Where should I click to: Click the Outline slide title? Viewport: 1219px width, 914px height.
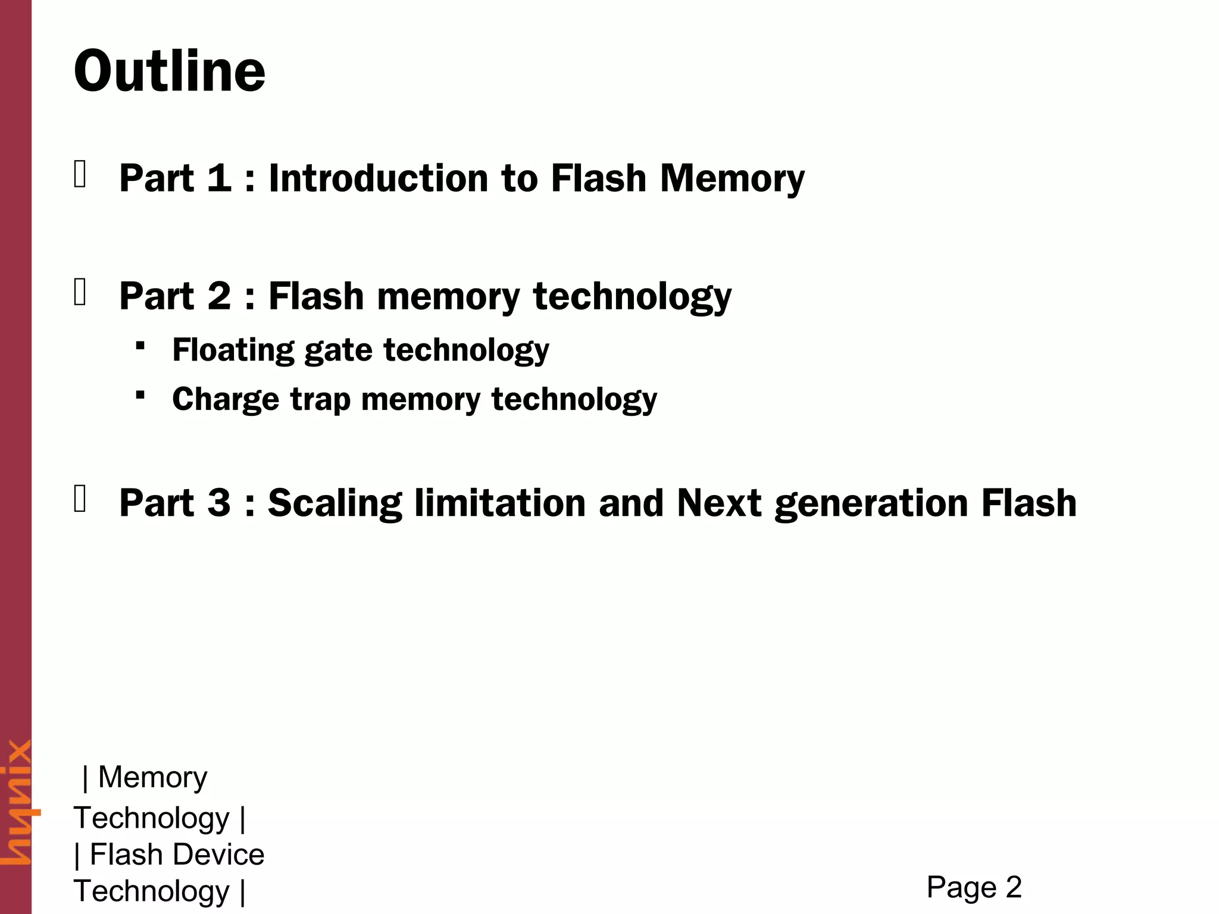tap(170, 71)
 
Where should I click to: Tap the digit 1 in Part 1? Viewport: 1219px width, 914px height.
tap(219, 178)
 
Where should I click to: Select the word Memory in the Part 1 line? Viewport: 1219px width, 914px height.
tap(732, 179)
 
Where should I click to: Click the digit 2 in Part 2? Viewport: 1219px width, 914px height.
tap(219, 296)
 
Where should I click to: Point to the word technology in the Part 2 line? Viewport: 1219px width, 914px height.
tap(632, 297)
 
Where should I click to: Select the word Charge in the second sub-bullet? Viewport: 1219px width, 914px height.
tap(225, 399)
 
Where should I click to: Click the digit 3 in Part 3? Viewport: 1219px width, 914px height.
tap(219, 503)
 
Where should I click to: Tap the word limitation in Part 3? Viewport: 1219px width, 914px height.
tap(500, 503)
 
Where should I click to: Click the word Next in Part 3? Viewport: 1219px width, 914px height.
tap(719, 503)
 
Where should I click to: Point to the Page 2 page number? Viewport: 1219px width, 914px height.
tap(974, 887)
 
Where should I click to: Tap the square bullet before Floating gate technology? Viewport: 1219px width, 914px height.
tap(140, 345)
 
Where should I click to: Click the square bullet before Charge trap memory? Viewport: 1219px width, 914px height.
tap(140, 395)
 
